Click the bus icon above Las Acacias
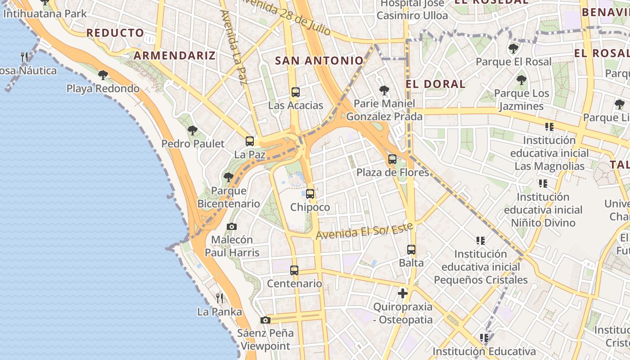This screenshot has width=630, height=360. [x=295, y=92]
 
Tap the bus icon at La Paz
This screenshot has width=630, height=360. [x=250, y=141]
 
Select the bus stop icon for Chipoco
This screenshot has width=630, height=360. [x=310, y=194]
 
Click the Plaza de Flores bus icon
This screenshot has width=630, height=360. [x=392, y=159]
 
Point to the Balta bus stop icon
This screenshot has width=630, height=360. [x=411, y=250]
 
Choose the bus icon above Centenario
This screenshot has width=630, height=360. [x=294, y=270]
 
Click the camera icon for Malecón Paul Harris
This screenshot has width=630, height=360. [x=232, y=226]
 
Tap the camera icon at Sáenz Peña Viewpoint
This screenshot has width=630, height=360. [x=265, y=320]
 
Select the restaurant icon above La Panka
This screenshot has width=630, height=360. [x=220, y=298]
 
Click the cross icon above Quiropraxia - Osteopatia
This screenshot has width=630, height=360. [x=403, y=294]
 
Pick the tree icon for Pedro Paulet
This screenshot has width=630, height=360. [x=193, y=131]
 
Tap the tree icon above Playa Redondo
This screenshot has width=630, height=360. [x=103, y=75]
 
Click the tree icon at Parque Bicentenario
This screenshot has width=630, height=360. [x=229, y=177]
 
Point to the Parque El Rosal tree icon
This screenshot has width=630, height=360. [x=513, y=49]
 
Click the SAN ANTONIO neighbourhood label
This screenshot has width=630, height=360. [x=319, y=60]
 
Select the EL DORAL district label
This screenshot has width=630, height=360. [x=436, y=84]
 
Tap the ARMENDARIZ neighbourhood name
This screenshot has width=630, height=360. [x=175, y=55]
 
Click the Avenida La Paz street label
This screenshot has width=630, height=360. [x=234, y=47]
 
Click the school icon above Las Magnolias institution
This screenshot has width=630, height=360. [x=549, y=127]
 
